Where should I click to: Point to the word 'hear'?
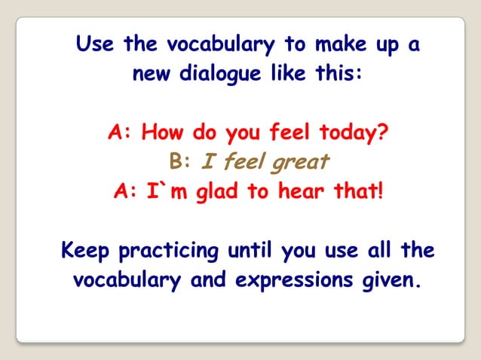pos(303,191)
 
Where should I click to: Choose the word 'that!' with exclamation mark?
pos(357,191)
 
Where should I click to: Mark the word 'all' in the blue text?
pos(381,249)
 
